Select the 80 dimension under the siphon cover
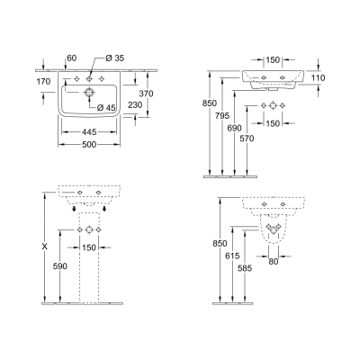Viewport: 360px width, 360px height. click(272, 262)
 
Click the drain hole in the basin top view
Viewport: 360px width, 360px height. click(90, 93)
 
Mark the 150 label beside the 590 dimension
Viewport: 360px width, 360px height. click(90, 247)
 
